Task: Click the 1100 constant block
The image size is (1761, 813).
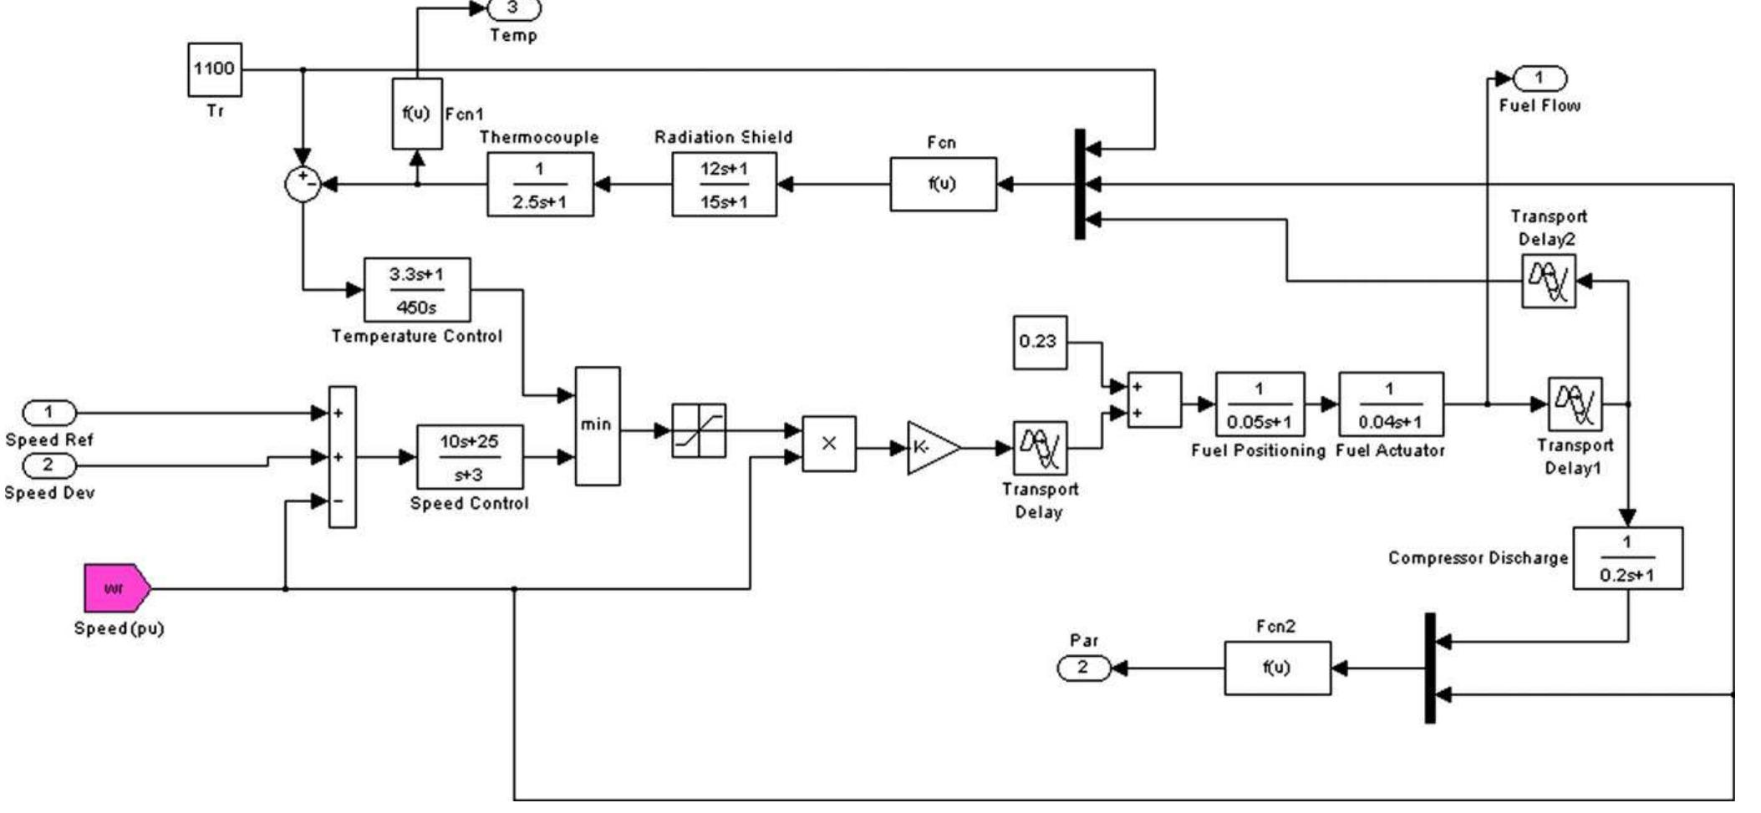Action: coord(215,69)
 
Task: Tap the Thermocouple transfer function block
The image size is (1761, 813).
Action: coord(540,185)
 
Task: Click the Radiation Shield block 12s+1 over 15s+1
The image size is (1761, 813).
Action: coord(724,185)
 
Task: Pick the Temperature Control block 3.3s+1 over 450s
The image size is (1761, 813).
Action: coord(416,290)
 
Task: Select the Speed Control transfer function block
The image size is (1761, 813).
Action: coord(470,457)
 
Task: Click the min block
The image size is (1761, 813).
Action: coord(597,425)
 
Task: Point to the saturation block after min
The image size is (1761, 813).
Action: coord(699,430)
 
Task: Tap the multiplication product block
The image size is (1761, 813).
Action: coord(828,444)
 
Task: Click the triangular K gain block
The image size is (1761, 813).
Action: coord(930,448)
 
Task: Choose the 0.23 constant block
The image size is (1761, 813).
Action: coord(1039,342)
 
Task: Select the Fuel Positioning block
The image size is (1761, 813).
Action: coord(1259,404)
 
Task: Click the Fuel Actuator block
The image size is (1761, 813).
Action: coord(1390,404)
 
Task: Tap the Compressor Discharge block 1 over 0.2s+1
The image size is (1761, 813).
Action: coord(1626,558)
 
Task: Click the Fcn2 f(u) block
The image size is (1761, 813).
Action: coord(1276,668)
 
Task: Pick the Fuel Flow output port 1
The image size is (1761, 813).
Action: coord(1540,79)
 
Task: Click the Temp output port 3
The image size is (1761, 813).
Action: coord(513,8)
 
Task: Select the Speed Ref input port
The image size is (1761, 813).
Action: coord(48,413)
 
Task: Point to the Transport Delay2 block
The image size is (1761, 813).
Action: coord(1548,282)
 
